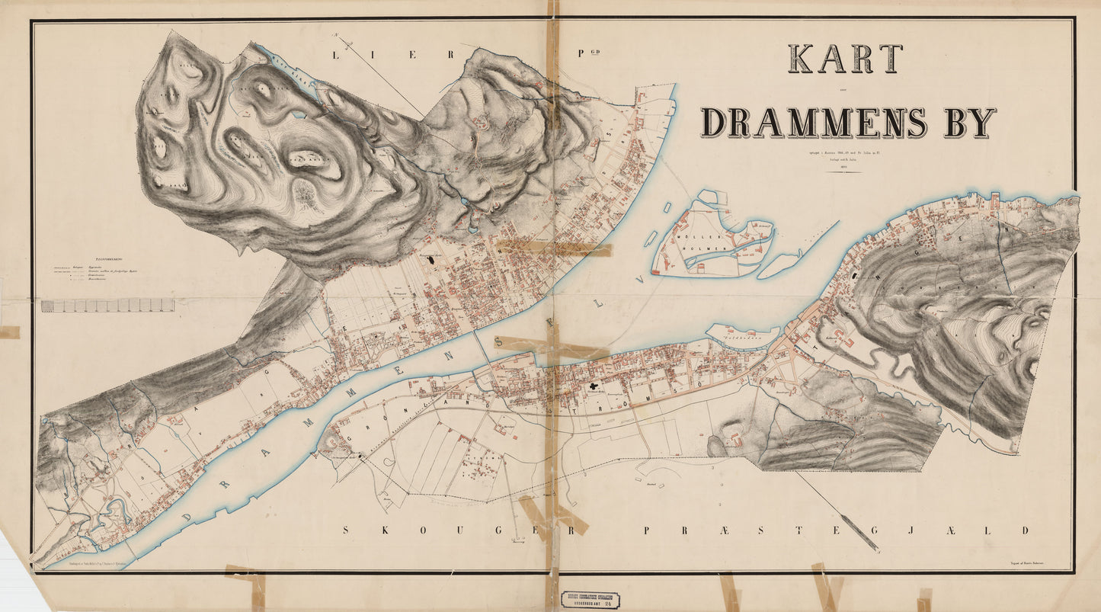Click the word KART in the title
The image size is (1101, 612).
pyautogui.click(x=845, y=59)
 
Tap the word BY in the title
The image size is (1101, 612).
pyautogui.click(x=970, y=123)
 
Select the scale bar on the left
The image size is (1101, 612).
pyautogui.click(x=107, y=306)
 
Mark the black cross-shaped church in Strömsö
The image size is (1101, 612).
pyautogui.click(x=592, y=387)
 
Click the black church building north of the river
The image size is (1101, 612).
pyautogui.click(x=434, y=260)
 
